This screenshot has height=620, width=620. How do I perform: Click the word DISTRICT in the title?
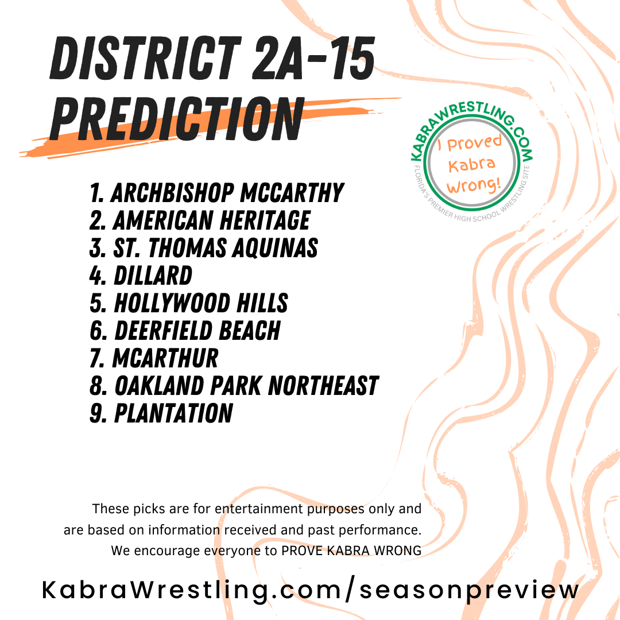[x=145, y=59]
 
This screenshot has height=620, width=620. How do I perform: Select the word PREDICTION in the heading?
[x=177, y=119]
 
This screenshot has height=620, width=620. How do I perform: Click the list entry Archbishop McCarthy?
[x=228, y=193]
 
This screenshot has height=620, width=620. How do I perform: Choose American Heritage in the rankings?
[x=211, y=220]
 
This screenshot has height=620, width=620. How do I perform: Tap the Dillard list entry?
[x=153, y=275]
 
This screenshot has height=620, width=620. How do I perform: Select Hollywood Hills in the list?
[x=201, y=303]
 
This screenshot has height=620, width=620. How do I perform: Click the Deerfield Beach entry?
[x=197, y=331]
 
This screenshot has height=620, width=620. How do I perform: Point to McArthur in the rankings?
[x=165, y=358]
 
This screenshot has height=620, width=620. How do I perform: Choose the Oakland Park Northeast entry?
[x=246, y=386]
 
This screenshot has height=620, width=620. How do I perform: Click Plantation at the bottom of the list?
[x=173, y=413]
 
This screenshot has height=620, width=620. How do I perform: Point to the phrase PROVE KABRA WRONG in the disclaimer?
[x=351, y=551]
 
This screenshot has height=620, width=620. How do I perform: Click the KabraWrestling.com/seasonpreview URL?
[x=311, y=590]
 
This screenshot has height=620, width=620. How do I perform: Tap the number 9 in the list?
[x=97, y=413]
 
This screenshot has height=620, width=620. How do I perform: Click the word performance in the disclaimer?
[x=379, y=530]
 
